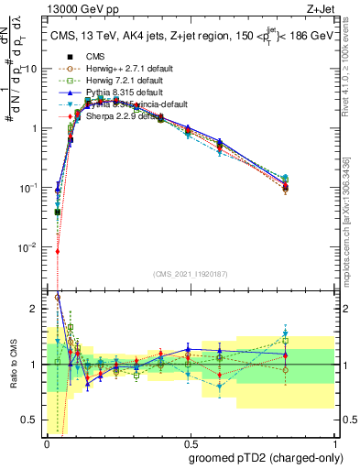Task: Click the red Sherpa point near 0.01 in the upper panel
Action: [x=58, y=251]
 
